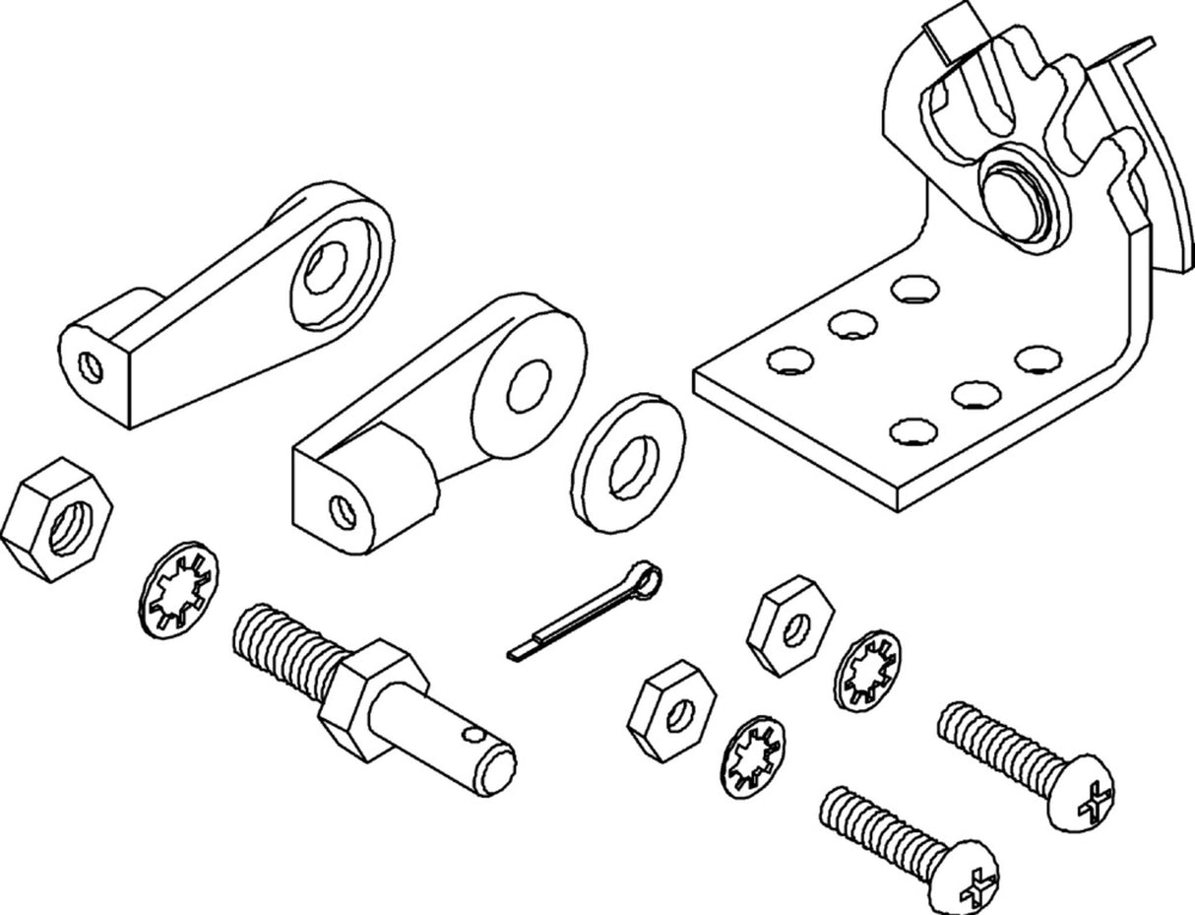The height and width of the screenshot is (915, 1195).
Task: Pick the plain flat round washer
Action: pyautogui.click(x=629, y=463)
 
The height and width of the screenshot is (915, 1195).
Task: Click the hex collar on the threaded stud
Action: pyautogui.click(x=374, y=697)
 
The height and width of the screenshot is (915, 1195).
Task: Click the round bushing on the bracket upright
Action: pyautogui.click(x=1021, y=196)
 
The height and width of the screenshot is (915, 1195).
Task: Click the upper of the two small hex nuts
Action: pyautogui.click(x=789, y=625)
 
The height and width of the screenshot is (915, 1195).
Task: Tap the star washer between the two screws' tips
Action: pyautogui.click(x=867, y=671)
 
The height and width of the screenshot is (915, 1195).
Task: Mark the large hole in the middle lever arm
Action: pyautogui.click(x=530, y=385)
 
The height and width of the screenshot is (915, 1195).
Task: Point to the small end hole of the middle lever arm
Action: pyautogui.click(x=342, y=509)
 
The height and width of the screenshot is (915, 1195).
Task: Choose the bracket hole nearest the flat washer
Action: pyautogui.click(x=790, y=359)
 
